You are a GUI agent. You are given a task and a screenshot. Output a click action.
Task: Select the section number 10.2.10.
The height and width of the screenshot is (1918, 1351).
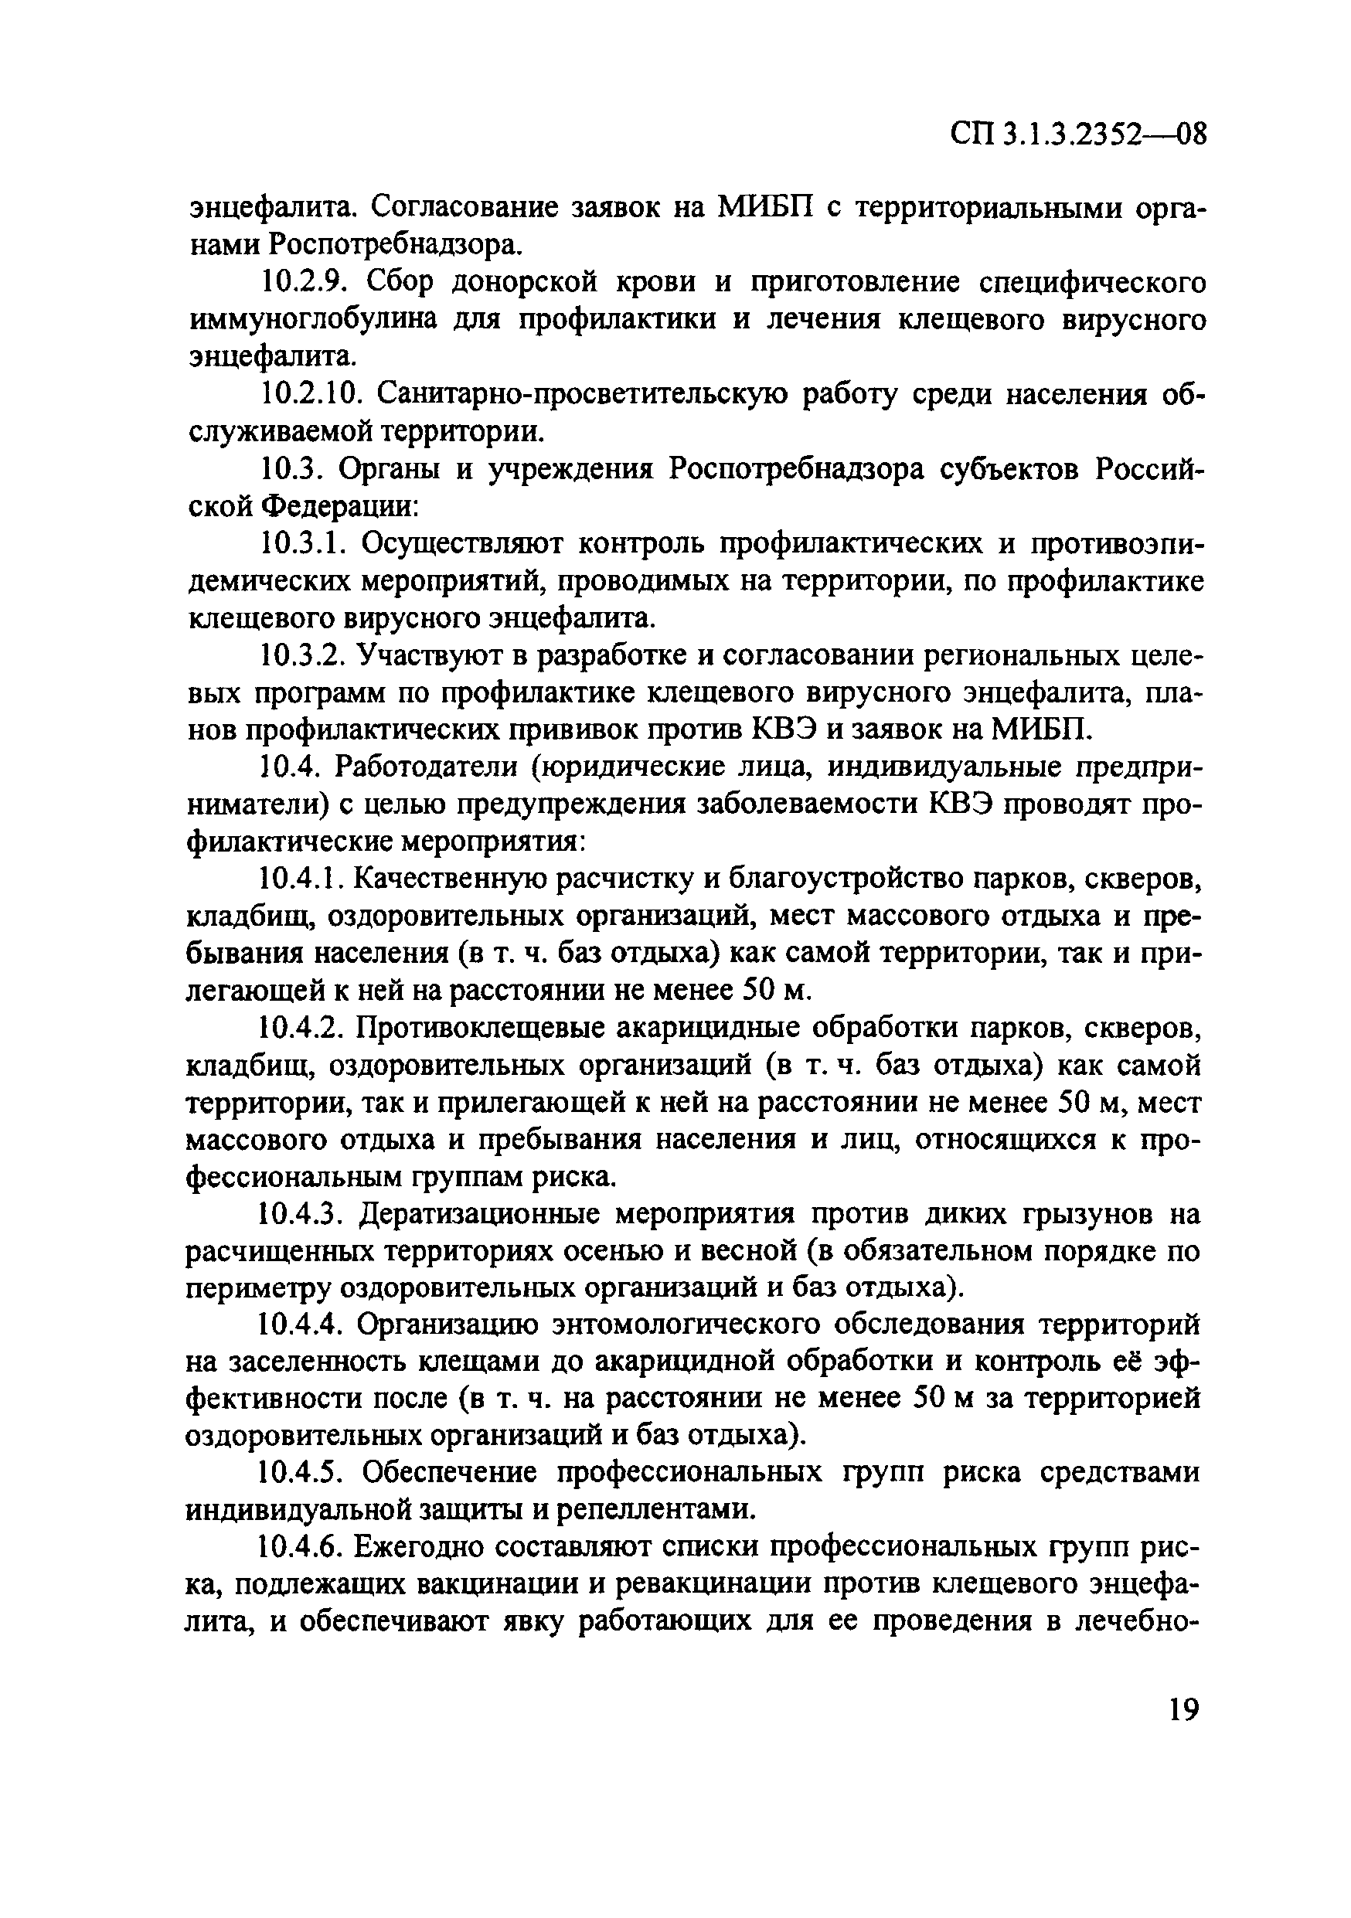[312, 394]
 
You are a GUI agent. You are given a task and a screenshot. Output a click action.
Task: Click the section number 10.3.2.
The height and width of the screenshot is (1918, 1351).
[302, 656]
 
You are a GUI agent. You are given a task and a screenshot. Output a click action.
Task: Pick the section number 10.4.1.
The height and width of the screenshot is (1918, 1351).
[302, 878]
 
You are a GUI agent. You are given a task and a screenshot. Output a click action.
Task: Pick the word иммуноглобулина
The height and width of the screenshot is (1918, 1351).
[314, 321]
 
